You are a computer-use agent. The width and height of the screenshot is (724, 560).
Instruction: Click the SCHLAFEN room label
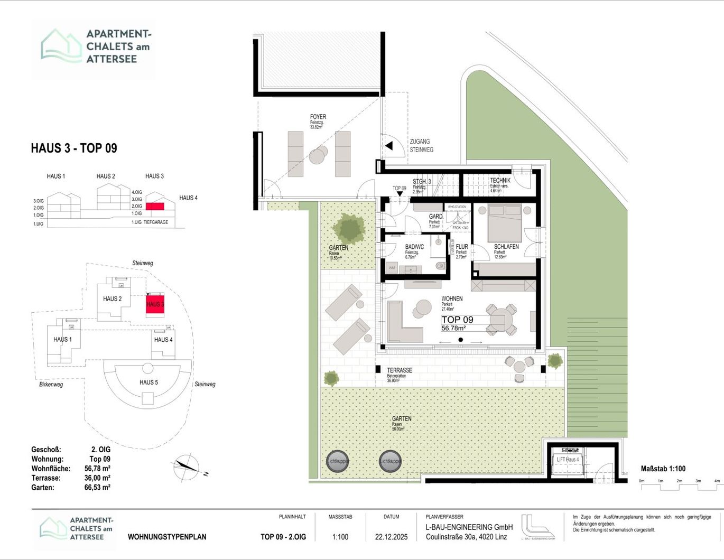(506, 247)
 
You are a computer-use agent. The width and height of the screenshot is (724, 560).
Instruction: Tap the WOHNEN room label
(452, 298)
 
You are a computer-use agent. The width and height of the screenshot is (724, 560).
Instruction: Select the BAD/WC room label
(414, 247)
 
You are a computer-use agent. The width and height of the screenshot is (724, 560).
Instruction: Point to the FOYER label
(318, 117)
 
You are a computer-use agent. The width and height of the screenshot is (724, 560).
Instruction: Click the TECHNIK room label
(500, 181)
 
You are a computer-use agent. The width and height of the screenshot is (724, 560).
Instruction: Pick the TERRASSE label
(400, 370)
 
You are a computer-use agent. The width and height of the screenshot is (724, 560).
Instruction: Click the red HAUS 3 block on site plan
(155, 305)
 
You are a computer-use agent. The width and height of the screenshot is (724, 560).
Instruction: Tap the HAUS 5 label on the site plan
(148, 382)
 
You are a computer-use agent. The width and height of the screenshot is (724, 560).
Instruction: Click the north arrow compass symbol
(187, 465)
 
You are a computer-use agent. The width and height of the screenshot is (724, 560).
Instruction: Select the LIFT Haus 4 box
(568, 460)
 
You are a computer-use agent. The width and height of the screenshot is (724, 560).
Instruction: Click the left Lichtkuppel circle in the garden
(337, 461)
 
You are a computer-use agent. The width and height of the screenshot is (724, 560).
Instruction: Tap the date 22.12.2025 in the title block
(391, 537)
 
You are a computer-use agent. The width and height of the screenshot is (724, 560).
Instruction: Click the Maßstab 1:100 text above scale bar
(663, 469)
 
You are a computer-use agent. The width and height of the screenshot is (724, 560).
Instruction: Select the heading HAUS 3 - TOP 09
(74, 148)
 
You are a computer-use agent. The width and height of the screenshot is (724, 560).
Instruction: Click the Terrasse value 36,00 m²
(97, 478)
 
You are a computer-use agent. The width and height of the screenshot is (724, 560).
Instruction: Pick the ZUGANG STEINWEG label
(421, 146)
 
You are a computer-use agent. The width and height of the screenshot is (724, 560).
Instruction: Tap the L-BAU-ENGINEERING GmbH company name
(469, 527)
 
